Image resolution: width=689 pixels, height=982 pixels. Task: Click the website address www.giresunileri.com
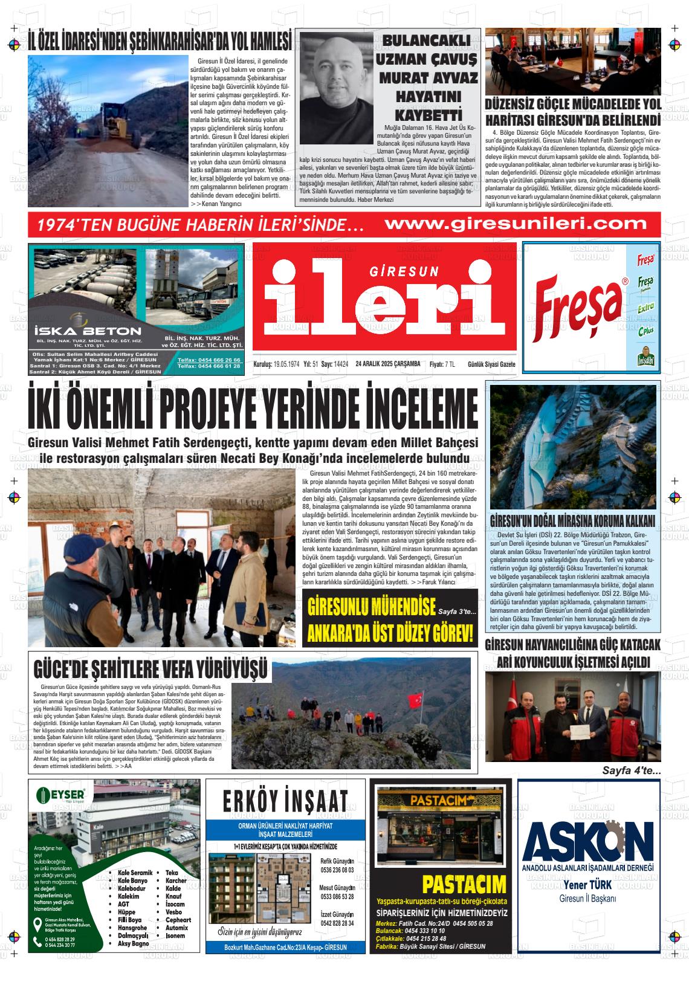[x=515, y=224]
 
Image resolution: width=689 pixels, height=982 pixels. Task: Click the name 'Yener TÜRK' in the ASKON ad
[x=587, y=885]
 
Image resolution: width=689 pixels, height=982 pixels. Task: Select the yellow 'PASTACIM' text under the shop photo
[x=464, y=885]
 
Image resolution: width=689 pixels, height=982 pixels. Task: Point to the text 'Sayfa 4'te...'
[x=632, y=770]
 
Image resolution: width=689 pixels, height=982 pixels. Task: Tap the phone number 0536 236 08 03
[x=336, y=870]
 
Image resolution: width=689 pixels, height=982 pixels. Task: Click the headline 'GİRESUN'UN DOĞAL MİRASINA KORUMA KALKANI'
[x=573, y=521]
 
